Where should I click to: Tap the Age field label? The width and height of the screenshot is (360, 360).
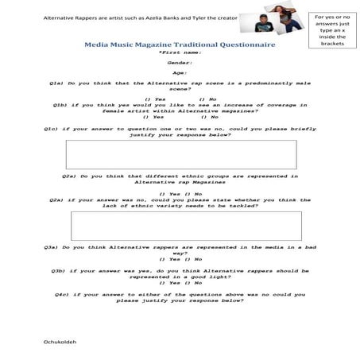tap(180, 73)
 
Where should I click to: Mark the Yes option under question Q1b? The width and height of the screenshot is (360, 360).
tap(152, 116)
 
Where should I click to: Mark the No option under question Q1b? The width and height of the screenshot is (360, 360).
tap(210, 116)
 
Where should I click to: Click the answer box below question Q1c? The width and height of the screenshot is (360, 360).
tap(181, 154)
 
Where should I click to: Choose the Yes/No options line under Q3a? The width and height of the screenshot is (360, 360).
tap(180, 259)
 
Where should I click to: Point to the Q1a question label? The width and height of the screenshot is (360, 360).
tap(58, 83)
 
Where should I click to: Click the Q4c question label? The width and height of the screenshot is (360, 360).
tap(58, 293)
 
